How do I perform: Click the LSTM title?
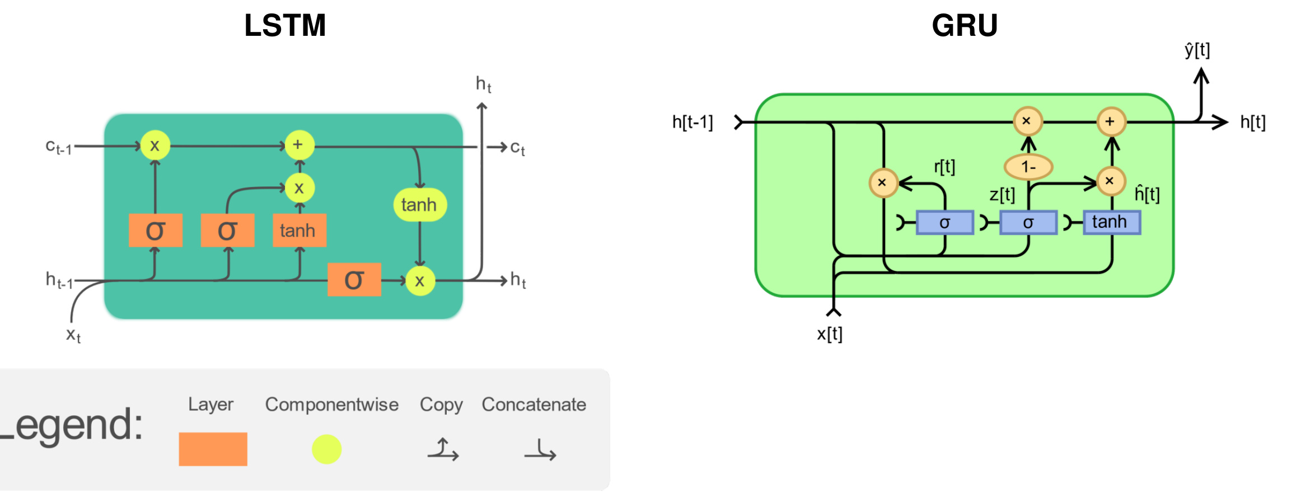point(285,26)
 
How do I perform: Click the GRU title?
point(965,26)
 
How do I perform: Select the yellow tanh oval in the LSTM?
point(419,205)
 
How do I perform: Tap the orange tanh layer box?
point(299,230)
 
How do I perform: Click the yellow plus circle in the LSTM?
point(299,145)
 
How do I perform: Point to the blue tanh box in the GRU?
point(1111,222)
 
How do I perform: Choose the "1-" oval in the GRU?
point(1028,166)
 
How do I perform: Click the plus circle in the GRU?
point(1111,121)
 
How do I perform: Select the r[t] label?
point(944,167)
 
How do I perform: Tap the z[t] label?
point(1002,195)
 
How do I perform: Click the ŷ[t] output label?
point(1197,50)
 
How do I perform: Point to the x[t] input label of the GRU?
point(829,334)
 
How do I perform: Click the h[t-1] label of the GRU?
point(692,122)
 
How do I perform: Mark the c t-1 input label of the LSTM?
point(58,147)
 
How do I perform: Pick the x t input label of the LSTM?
point(73,335)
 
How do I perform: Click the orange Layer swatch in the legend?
point(213,449)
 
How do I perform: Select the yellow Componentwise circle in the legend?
point(326,449)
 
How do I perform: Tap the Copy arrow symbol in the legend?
point(443,449)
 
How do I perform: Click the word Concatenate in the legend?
point(534,404)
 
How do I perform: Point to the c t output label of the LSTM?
point(517,148)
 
